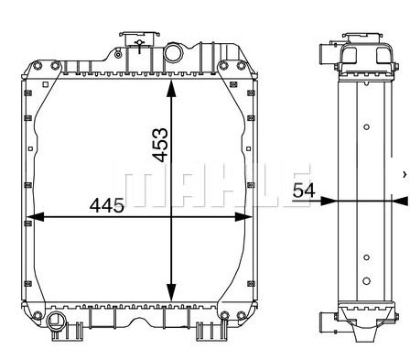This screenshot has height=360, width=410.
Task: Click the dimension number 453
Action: [160, 145]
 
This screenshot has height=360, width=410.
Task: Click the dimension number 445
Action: [107, 205]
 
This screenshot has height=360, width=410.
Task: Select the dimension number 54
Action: [304, 191]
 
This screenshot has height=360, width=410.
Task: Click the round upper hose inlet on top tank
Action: [173, 53]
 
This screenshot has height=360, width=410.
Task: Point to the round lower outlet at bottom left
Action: [55, 321]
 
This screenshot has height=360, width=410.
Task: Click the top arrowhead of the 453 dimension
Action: [171, 89]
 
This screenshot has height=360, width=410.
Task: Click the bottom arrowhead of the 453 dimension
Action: [171, 292]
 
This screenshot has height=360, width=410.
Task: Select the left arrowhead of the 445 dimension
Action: [36, 217]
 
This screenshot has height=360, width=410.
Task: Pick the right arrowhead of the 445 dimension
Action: [243, 217]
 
